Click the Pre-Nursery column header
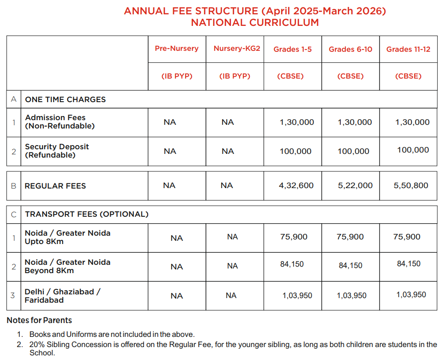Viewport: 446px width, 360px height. [x=176, y=49]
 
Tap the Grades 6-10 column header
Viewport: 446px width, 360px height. [x=350, y=49]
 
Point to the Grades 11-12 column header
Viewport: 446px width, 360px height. [x=408, y=49]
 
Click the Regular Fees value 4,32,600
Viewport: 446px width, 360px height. [x=296, y=185]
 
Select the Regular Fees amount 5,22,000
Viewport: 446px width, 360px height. [x=355, y=185]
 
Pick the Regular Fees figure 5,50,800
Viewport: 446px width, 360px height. [x=411, y=185]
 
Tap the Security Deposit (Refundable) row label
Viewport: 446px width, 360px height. [x=57, y=151]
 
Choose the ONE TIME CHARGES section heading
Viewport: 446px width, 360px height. [x=65, y=99]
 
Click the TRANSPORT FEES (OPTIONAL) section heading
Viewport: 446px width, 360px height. [x=87, y=214]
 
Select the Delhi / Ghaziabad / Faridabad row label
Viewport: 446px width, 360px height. [x=62, y=296]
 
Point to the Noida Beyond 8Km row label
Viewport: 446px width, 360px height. [x=67, y=266]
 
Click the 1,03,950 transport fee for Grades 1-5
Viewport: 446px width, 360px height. [x=297, y=295]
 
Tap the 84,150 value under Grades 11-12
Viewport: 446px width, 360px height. [x=409, y=263]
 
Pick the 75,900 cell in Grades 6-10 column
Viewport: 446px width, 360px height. [x=350, y=237]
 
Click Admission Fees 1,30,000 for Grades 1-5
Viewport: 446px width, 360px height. [x=297, y=122]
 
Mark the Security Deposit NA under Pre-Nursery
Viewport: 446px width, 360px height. [x=170, y=151]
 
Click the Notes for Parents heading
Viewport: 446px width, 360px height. [x=39, y=320]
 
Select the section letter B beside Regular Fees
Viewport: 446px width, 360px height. [x=13, y=186]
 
